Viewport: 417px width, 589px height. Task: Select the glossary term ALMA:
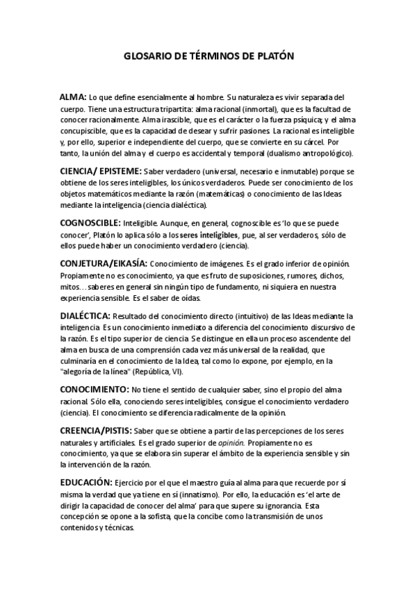coord(73,98)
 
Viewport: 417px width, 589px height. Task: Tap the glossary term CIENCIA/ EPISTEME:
coord(101,170)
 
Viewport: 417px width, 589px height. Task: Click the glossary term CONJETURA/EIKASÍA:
coord(103,265)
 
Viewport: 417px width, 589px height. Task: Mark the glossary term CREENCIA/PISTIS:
coord(95,431)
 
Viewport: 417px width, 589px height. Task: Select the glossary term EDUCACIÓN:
coord(86,482)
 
